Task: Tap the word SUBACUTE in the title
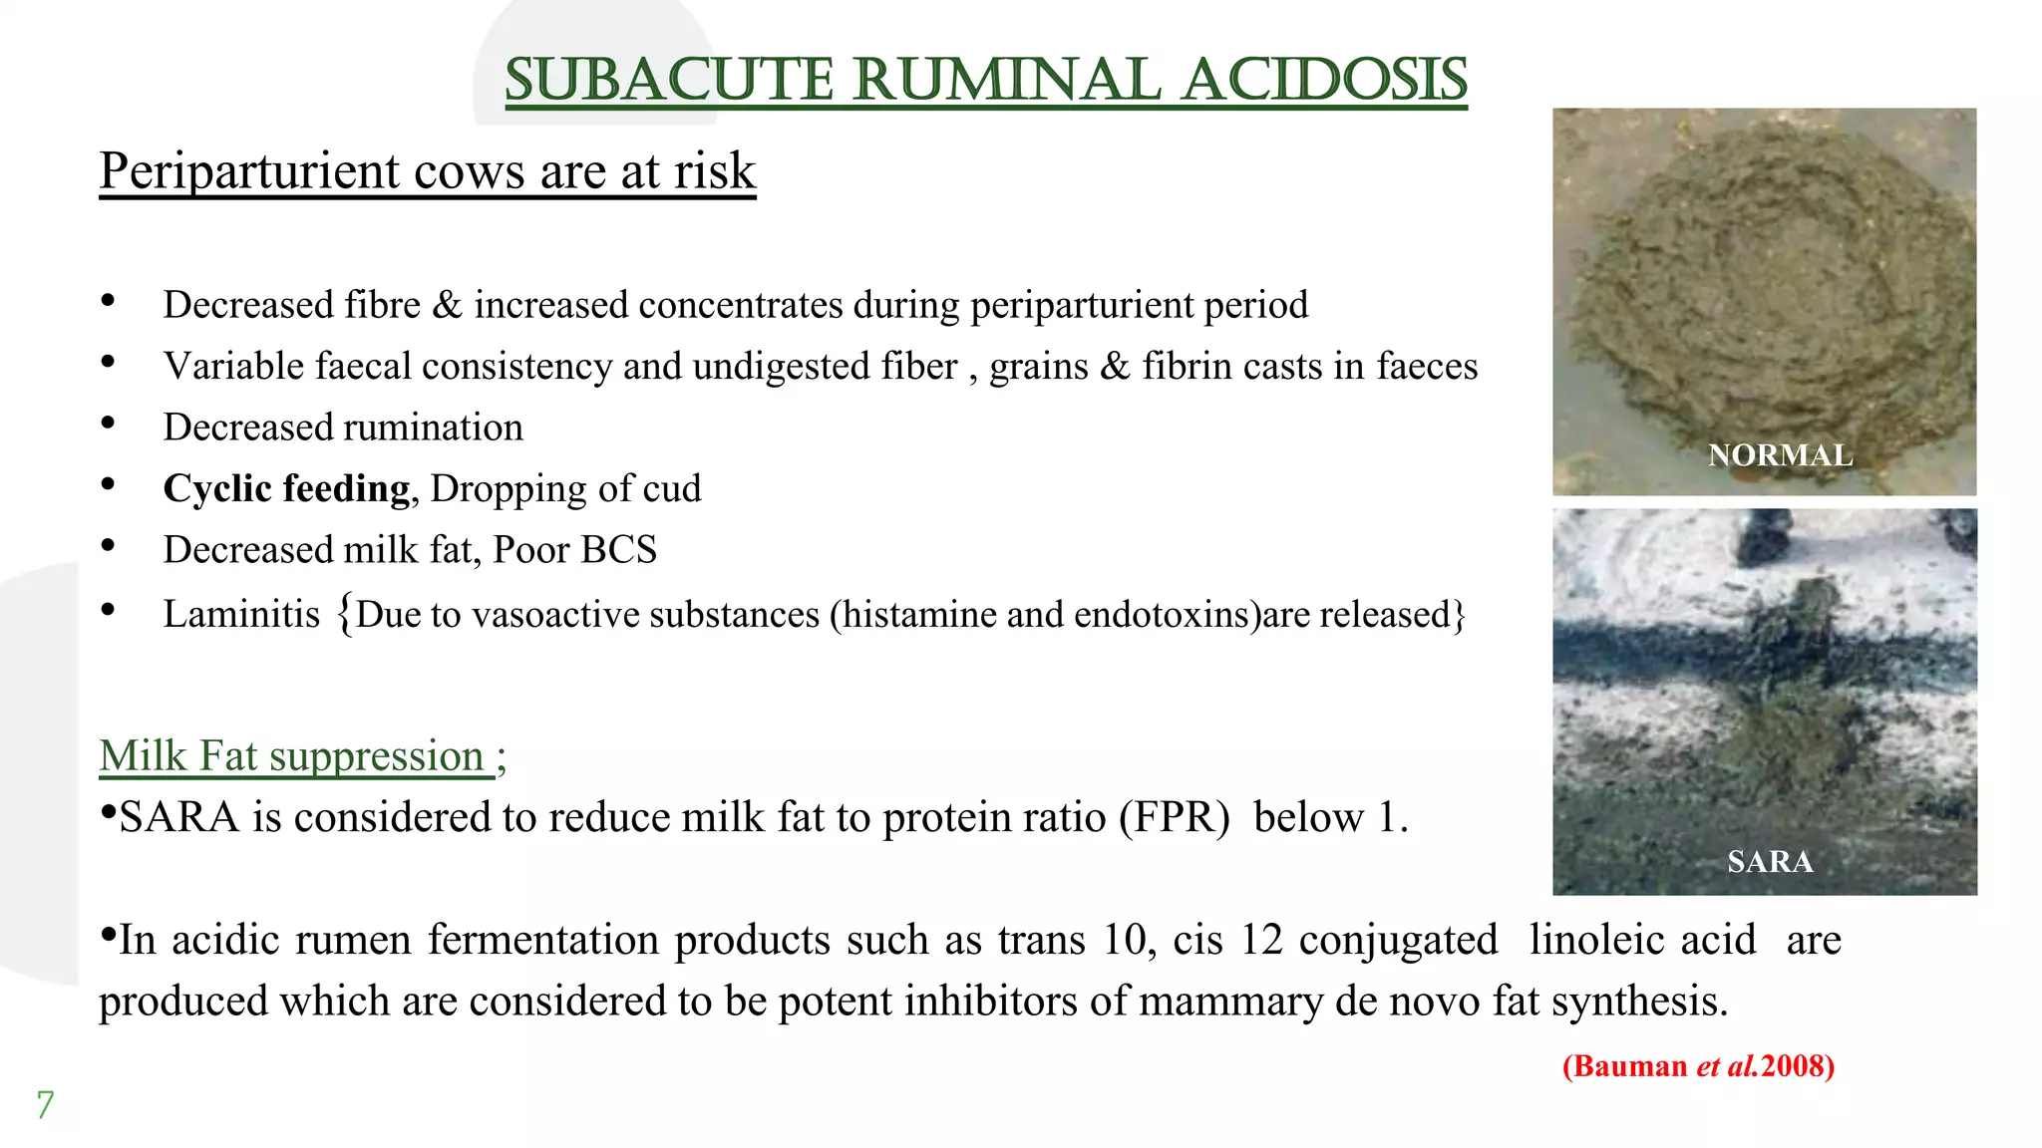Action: (668, 81)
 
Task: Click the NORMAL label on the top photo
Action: (1780, 455)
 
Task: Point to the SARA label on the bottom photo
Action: (1770, 861)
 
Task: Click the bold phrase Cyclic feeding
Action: (286, 488)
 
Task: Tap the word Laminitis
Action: (241, 614)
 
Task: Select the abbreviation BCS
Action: (619, 550)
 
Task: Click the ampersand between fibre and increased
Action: (447, 305)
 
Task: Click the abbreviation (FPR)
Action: (1174, 817)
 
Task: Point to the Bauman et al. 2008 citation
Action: (1698, 1066)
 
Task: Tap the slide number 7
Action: (45, 1105)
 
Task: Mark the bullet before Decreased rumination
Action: (108, 425)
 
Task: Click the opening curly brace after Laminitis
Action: (344, 614)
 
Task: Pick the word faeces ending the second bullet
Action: (1427, 367)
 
